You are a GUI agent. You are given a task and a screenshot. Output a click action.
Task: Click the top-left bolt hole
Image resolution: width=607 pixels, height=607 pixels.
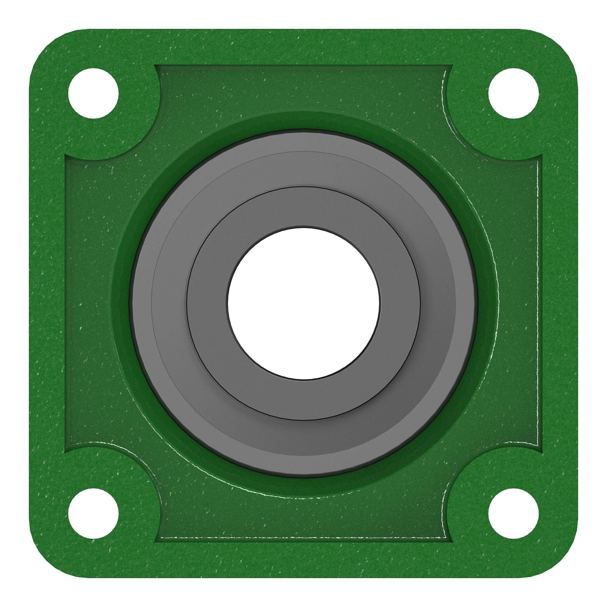coord(94,94)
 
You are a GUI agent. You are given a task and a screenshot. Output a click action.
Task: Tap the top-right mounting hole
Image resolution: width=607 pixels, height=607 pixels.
coord(513,94)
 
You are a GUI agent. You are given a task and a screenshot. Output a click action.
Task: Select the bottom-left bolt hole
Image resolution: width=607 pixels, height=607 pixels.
coord(94,513)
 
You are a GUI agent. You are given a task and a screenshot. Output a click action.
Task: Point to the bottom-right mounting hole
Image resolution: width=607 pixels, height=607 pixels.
coord(513,513)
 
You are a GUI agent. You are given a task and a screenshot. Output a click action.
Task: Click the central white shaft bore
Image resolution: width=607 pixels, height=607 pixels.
coord(303,303)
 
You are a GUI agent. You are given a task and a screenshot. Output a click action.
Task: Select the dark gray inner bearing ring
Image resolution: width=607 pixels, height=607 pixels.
coord(303,207)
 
